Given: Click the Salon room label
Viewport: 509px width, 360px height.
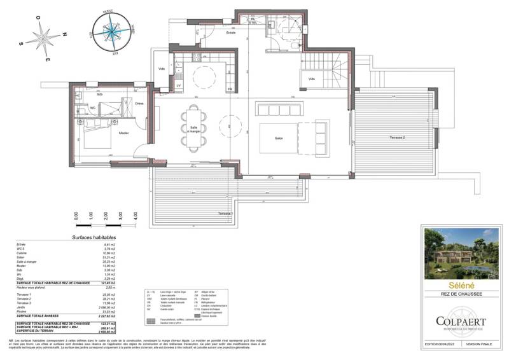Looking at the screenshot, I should (x=278, y=139).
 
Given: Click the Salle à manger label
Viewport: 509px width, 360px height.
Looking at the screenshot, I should (x=193, y=128).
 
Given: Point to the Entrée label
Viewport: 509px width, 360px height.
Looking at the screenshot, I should (x=231, y=32).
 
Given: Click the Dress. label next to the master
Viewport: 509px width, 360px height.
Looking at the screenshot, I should (x=139, y=103).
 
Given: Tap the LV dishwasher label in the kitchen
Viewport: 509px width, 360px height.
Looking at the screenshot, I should (x=178, y=85).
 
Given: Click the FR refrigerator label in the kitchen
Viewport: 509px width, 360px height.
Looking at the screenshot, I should (x=230, y=88).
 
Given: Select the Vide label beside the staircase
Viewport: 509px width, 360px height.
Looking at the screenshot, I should (x=312, y=79).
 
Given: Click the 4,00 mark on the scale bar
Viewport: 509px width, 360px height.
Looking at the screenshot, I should (x=136, y=216).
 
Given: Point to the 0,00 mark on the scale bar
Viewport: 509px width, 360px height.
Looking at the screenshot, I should (x=76, y=216).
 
